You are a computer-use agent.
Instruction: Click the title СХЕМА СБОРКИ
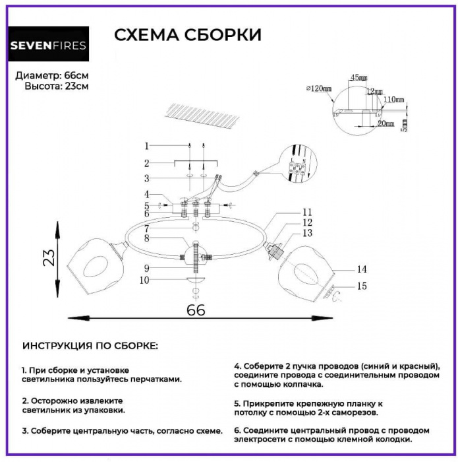pyautogui.click(x=188, y=35)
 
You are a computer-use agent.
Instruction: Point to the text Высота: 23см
pyautogui.click(x=57, y=86)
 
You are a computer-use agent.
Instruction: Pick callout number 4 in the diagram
pyautogui.click(x=147, y=194)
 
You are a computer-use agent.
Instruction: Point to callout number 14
pyautogui.click(x=361, y=269)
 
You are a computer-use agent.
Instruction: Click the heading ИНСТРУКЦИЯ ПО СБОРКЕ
pyautogui.click(x=90, y=346)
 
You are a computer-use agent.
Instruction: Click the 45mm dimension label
pyautogui.click(x=358, y=78)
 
